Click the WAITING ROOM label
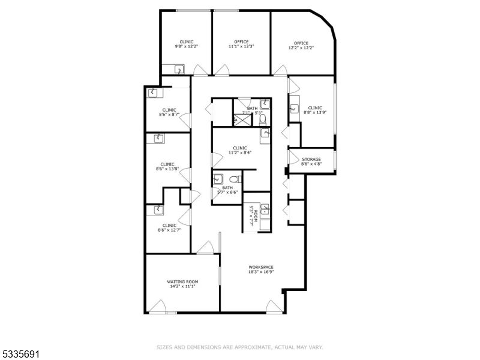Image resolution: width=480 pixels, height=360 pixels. pos(182,281)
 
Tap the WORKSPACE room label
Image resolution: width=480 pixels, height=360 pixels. pos(261,267)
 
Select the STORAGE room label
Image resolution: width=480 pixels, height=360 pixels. pos(311,159)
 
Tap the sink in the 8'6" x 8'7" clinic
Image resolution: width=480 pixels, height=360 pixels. pos(154,92)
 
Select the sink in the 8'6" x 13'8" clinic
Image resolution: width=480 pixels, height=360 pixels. pos(158,139)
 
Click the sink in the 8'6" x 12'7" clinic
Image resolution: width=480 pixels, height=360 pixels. pos(158,209)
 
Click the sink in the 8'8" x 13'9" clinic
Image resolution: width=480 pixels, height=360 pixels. pos(295,109)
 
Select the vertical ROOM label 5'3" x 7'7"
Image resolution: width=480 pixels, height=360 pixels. pos(254,216)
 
